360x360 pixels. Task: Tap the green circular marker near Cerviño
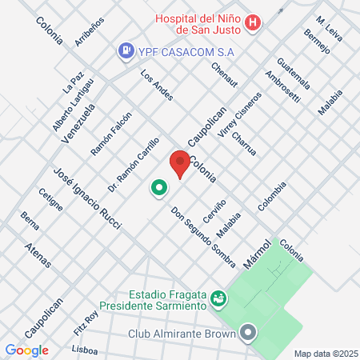tap(158, 189)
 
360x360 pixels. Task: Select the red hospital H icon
tap(252, 23)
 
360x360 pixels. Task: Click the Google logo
tap(26, 350)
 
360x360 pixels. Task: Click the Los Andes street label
tap(157, 86)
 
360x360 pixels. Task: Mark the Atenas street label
tap(39, 258)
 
